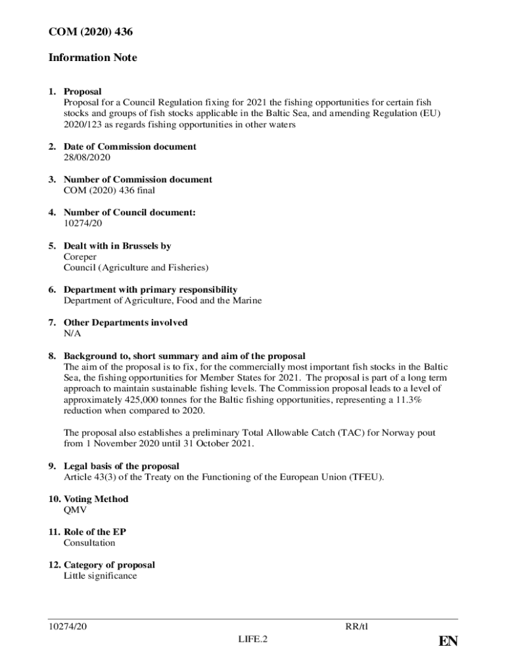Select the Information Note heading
pyautogui.click(x=93, y=58)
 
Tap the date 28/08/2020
pyautogui.click(x=87, y=157)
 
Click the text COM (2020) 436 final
pyautogui.click(x=109, y=190)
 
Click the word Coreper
pyautogui.click(x=80, y=257)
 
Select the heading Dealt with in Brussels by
pyautogui.click(x=117, y=246)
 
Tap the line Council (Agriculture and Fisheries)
pyautogui.click(x=136, y=268)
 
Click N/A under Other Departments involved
pyautogui.click(x=72, y=333)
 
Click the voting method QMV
pyautogui.click(x=75, y=510)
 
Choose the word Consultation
pyautogui.click(x=89, y=543)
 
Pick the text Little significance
pyautogui.click(x=101, y=576)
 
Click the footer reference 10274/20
pyautogui.click(x=68, y=626)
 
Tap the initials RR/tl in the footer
pyautogui.click(x=356, y=626)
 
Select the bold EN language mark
pyautogui.click(x=448, y=642)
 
